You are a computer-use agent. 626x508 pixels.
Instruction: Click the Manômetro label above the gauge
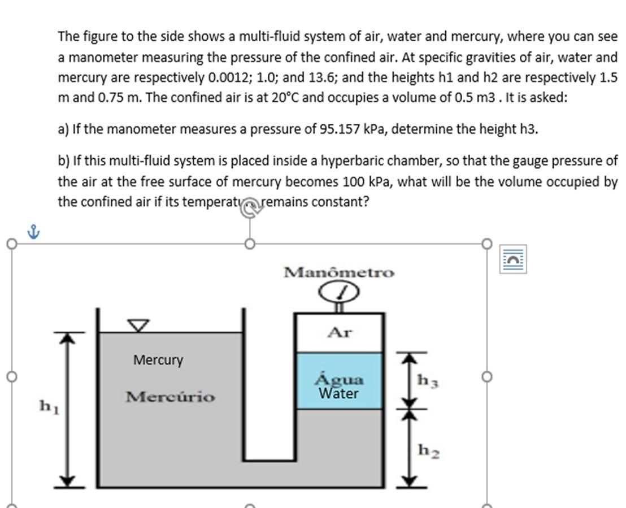(339, 272)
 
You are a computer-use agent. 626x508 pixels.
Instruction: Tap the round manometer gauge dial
(339, 292)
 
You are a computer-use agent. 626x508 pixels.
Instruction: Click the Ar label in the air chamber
(339, 333)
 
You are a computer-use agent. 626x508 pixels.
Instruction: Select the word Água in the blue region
(339, 379)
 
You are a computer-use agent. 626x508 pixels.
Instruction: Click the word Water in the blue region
(338, 393)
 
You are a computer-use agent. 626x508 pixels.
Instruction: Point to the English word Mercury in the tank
(158, 360)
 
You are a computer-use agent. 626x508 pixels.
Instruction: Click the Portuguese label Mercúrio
(170, 397)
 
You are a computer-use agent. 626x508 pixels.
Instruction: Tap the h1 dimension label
(49, 406)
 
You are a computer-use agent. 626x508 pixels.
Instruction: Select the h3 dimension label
(428, 380)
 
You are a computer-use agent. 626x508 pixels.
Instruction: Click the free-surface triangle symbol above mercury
(138, 325)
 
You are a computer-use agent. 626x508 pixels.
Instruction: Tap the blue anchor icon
(34, 231)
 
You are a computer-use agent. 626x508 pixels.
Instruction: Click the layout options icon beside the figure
(513, 259)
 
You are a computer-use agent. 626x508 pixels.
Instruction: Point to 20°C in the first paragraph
(285, 97)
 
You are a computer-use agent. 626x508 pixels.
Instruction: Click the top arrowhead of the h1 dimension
(68, 337)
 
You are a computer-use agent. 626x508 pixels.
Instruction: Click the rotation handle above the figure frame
(250, 208)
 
